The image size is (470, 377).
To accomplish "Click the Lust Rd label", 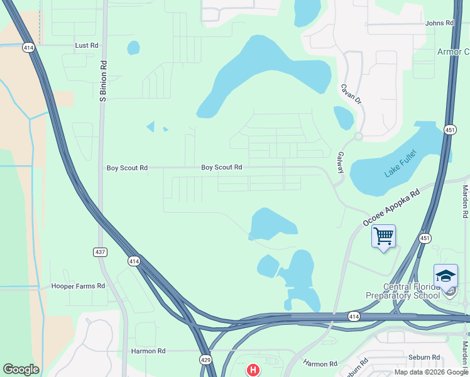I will point(87,46).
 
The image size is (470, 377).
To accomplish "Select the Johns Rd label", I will point(439,23).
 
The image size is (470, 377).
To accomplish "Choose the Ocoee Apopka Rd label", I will point(391,209).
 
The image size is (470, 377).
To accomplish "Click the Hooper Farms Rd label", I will point(78,286).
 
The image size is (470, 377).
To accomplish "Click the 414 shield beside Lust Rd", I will point(28,47).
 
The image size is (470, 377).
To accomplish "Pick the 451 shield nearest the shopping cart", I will point(425,238).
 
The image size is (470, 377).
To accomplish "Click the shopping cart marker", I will point(383,236).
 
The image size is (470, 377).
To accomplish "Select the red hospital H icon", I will point(253,370).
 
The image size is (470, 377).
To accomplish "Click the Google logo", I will point(21,369).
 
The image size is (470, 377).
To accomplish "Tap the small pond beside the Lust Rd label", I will point(133,48).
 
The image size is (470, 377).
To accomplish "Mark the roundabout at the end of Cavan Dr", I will point(358,136).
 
